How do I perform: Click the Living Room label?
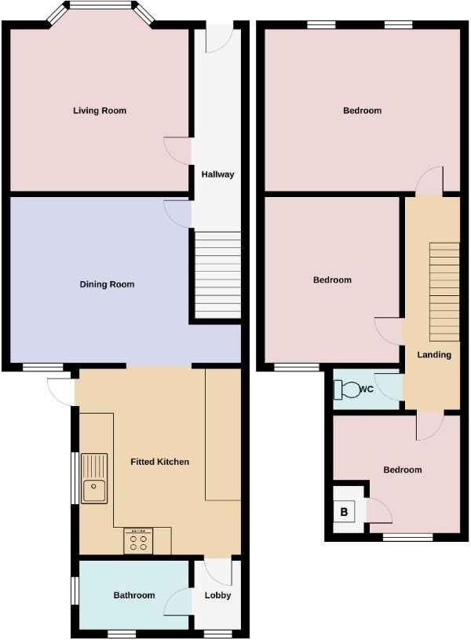[100, 111]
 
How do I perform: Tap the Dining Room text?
[107, 284]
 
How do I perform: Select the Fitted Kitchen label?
[159, 462]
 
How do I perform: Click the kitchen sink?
[93, 478]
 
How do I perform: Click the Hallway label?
[217, 174]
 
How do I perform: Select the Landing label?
[434, 355]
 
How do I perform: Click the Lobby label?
[218, 595]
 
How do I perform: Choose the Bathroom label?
[134, 595]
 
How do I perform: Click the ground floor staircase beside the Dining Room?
[217, 274]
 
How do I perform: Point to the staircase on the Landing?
[444, 288]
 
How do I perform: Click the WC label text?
[366, 389]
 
